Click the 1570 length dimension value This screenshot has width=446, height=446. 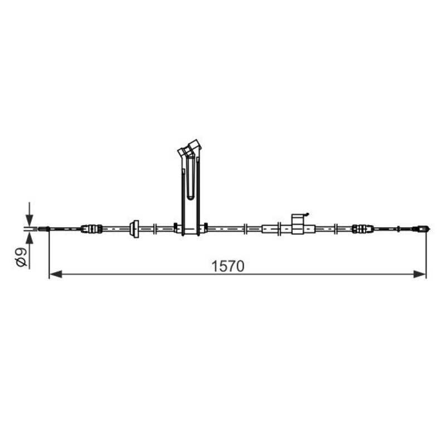[228, 266]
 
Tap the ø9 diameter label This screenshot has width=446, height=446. [22, 258]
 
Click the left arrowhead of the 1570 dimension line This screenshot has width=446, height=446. [56, 274]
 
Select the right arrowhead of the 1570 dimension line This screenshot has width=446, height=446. [420, 274]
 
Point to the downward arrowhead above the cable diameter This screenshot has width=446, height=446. [30, 220]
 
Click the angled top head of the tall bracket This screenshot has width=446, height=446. [189, 148]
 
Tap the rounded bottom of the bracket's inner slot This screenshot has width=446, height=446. [191, 197]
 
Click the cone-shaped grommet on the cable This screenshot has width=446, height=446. [134, 229]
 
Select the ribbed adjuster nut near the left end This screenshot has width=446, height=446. [92, 229]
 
